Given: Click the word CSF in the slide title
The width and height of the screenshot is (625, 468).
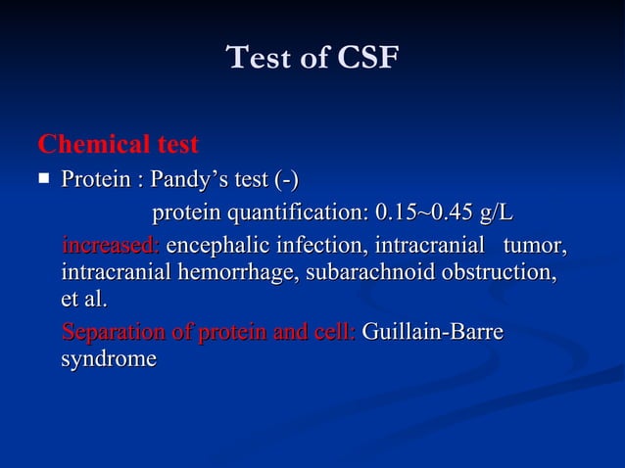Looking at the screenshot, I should point(368,59).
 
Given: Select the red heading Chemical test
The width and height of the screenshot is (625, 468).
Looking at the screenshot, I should point(118,146).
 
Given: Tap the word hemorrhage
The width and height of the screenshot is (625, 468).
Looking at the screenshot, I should point(238,271).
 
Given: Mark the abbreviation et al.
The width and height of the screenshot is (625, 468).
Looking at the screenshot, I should point(84,299).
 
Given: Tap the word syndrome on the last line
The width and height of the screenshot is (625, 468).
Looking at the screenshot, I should point(109,359).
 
